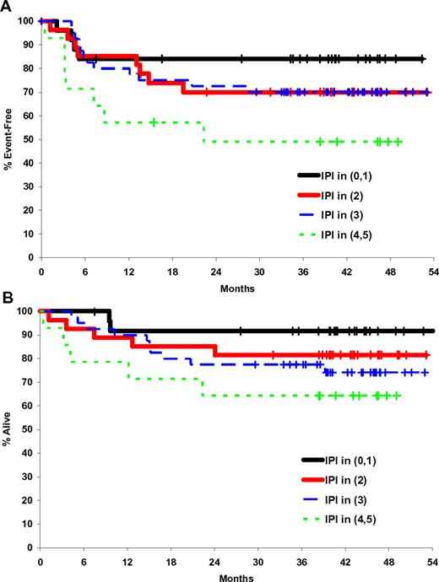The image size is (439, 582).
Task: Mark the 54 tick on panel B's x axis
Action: tap(432, 562)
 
